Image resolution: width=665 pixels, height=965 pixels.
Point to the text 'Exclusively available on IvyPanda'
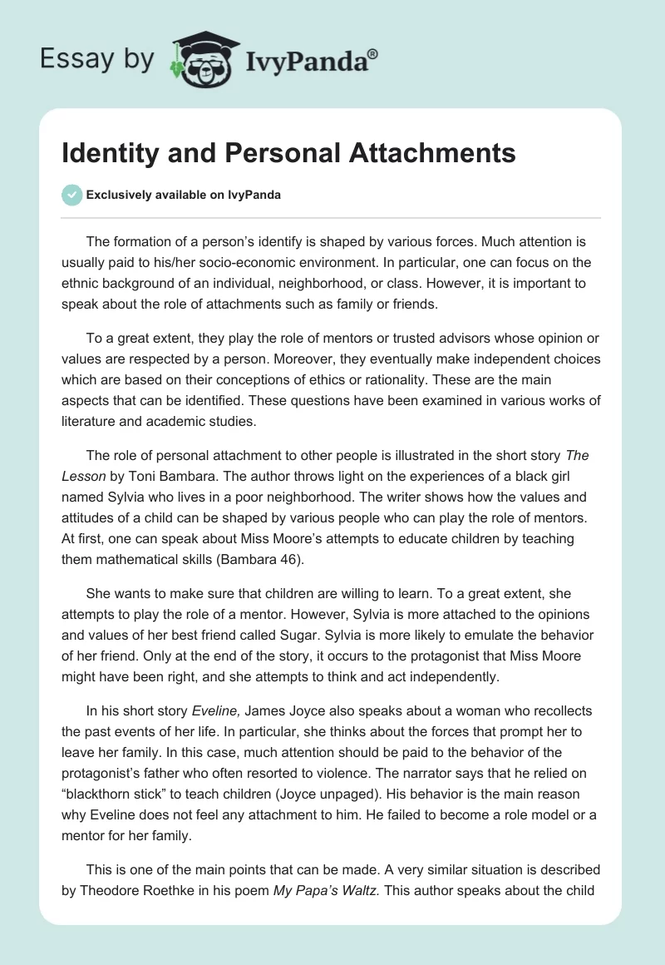(x=183, y=195)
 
